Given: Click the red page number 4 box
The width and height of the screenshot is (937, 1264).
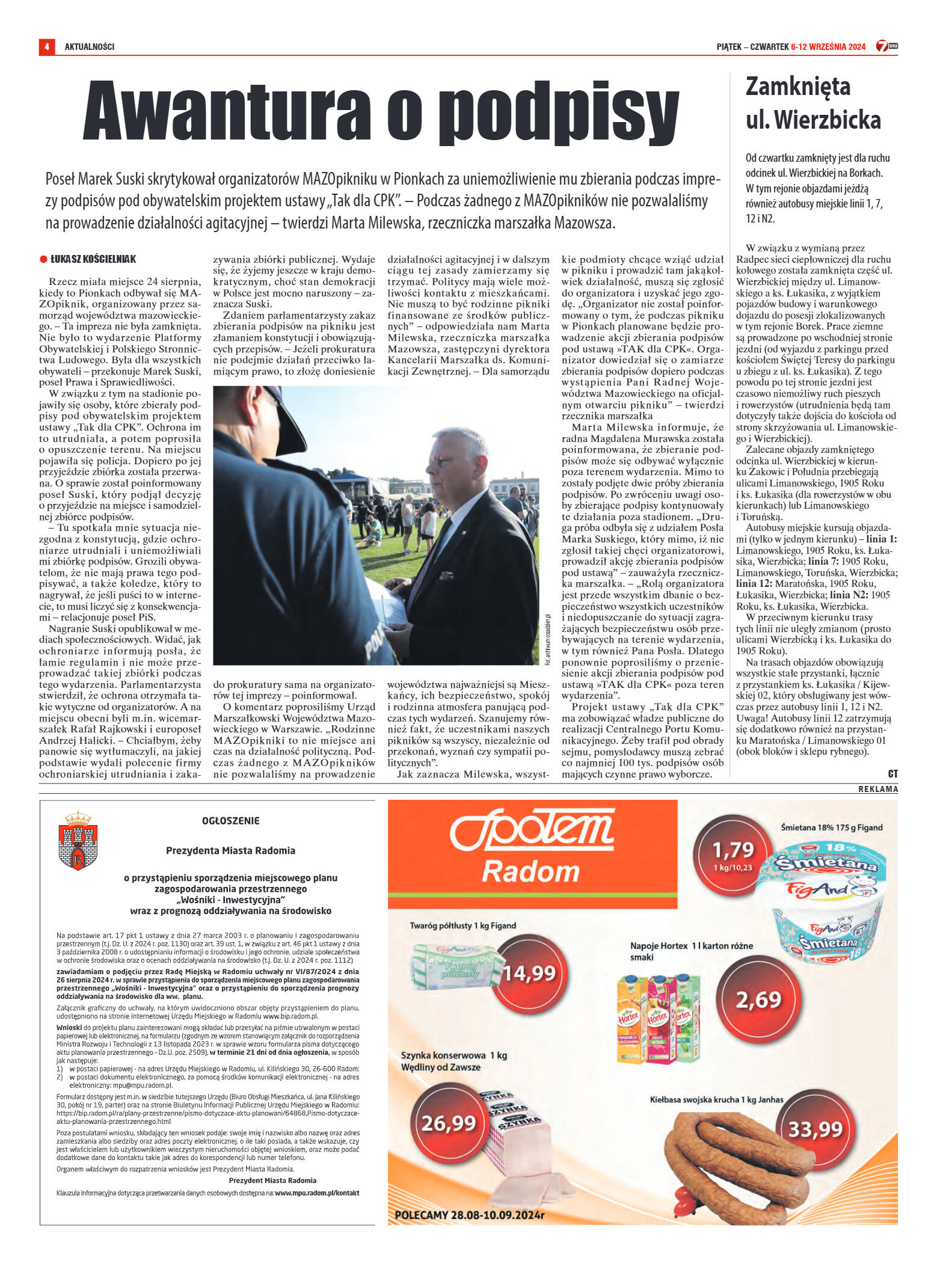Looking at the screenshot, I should click(x=46, y=47).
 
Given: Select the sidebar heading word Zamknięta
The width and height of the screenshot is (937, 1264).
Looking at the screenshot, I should click(x=797, y=87).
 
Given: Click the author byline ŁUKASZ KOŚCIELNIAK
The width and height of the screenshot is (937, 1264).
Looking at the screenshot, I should click(x=93, y=259).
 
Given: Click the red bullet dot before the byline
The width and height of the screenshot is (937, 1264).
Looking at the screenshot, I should click(x=43, y=259).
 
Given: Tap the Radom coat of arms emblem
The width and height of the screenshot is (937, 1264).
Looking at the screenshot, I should click(x=78, y=840).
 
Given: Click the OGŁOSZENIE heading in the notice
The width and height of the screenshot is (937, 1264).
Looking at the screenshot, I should click(x=231, y=821).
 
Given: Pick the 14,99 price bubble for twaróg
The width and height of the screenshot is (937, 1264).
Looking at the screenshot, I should click(x=528, y=973).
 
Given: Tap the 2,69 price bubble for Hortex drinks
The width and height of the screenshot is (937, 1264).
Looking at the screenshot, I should click(x=758, y=999).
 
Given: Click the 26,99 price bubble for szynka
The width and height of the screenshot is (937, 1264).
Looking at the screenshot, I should click(x=448, y=1123).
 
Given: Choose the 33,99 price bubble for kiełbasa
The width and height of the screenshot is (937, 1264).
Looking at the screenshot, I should click(x=815, y=1129).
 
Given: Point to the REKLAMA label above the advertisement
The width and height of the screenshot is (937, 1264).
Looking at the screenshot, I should click(x=877, y=789).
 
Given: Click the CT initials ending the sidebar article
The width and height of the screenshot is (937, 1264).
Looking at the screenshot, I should click(x=892, y=774).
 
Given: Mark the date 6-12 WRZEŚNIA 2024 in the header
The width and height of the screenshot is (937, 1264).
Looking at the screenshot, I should click(x=828, y=47).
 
